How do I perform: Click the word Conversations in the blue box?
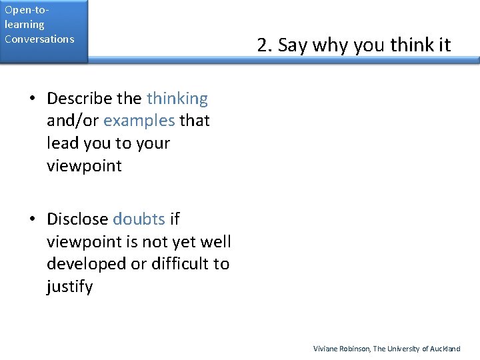pos(39,39)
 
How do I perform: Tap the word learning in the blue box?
pos(24,25)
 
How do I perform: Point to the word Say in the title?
pos(293,45)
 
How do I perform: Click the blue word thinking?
pos(177,99)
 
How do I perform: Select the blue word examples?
pos(139,121)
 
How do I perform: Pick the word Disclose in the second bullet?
pos(77,219)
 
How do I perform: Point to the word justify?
pos(69,287)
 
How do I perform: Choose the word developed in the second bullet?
pos(86,264)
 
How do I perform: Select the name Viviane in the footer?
pos(326,349)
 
